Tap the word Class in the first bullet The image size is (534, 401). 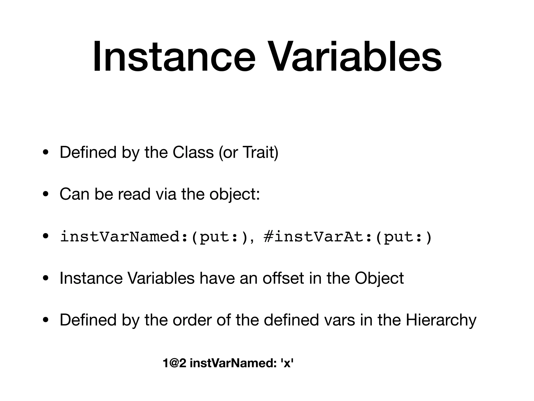click(x=193, y=152)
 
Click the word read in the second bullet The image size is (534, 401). click(x=134, y=194)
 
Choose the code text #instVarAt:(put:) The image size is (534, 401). click(x=348, y=237)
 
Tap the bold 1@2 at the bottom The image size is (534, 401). click(x=174, y=363)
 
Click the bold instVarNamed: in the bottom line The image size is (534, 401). click(x=233, y=363)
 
